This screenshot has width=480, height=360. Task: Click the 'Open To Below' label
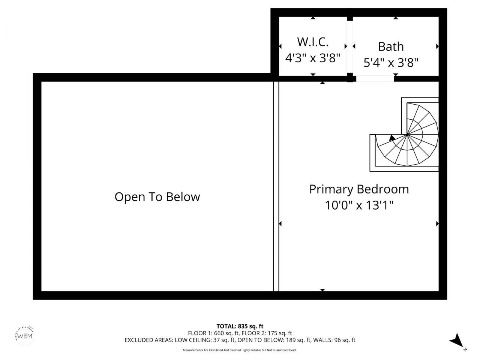point(157,197)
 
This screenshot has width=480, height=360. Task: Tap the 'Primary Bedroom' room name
point(359,189)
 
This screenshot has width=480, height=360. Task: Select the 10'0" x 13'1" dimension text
point(359,205)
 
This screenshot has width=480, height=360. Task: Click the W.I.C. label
point(313,41)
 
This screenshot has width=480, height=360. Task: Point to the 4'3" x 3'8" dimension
point(313,58)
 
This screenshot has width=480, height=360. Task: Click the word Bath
point(391,46)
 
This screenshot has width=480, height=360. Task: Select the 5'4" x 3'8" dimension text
point(391,62)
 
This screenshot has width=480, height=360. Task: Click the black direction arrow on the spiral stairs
point(392,138)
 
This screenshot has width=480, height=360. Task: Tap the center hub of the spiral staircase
point(407,134)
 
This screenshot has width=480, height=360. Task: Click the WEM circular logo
point(25,335)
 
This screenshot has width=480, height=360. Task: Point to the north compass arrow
point(457,340)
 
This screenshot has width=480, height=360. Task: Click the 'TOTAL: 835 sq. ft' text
point(240,326)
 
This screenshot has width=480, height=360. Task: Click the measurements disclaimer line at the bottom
point(240,350)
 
